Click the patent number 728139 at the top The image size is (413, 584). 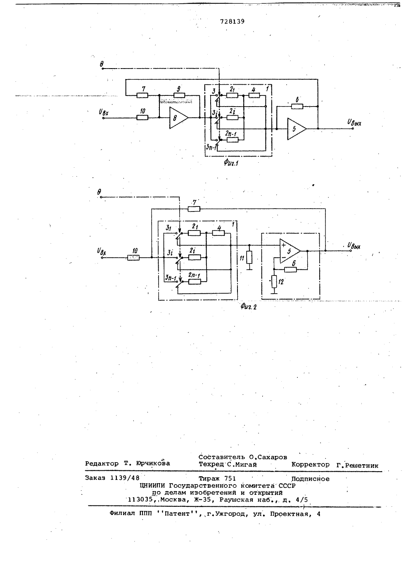(232, 21)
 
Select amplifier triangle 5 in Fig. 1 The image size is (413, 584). (297, 129)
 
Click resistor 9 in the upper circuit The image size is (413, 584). (179, 95)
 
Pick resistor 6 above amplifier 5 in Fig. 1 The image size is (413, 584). (297, 107)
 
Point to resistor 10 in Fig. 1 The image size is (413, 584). (142, 118)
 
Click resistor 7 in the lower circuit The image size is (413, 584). (194, 209)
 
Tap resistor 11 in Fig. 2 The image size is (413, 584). (249, 257)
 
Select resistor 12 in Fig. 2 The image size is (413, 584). (274, 282)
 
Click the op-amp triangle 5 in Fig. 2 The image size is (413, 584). (290, 251)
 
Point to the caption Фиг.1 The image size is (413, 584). (231, 163)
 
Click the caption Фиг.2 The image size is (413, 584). (249, 307)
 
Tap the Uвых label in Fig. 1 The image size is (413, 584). (354, 122)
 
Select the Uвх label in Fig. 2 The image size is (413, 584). (102, 252)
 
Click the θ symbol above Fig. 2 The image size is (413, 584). (99, 192)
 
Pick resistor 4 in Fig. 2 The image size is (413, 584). (218, 233)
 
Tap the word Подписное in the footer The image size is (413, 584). (310, 479)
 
